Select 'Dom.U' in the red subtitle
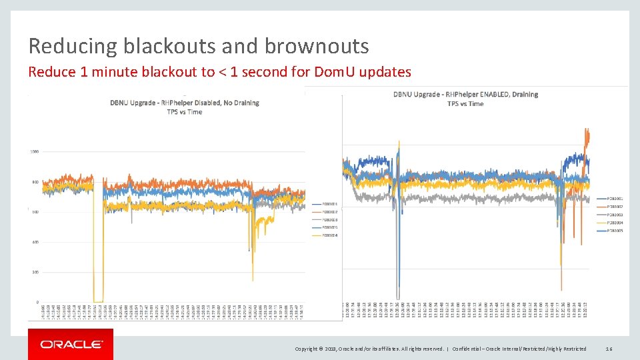coord(333,72)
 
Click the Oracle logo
coord(71,345)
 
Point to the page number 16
coord(609,349)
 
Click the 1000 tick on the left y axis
coord(33,151)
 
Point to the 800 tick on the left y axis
coord(35,182)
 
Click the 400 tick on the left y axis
coord(35,242)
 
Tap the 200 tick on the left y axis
coord(35,272)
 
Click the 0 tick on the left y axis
coord(37,302)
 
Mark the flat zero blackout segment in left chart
coord(98,301)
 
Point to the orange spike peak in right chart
coord(587,130)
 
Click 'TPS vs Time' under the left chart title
coord(185,112)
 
